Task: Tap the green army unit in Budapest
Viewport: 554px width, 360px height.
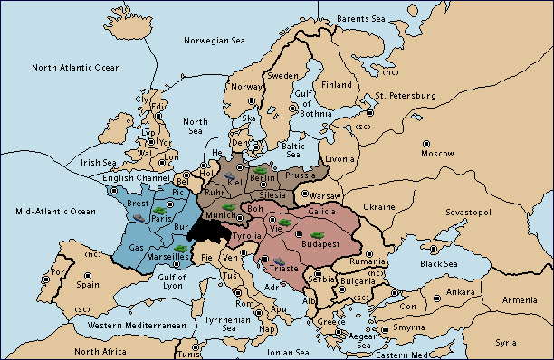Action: [x=316, y=233]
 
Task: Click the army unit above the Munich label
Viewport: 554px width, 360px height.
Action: [x=230, y=207]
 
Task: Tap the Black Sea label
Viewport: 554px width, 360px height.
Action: [x=439, y=264]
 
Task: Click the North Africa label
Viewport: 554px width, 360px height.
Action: [x=100, y=351]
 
